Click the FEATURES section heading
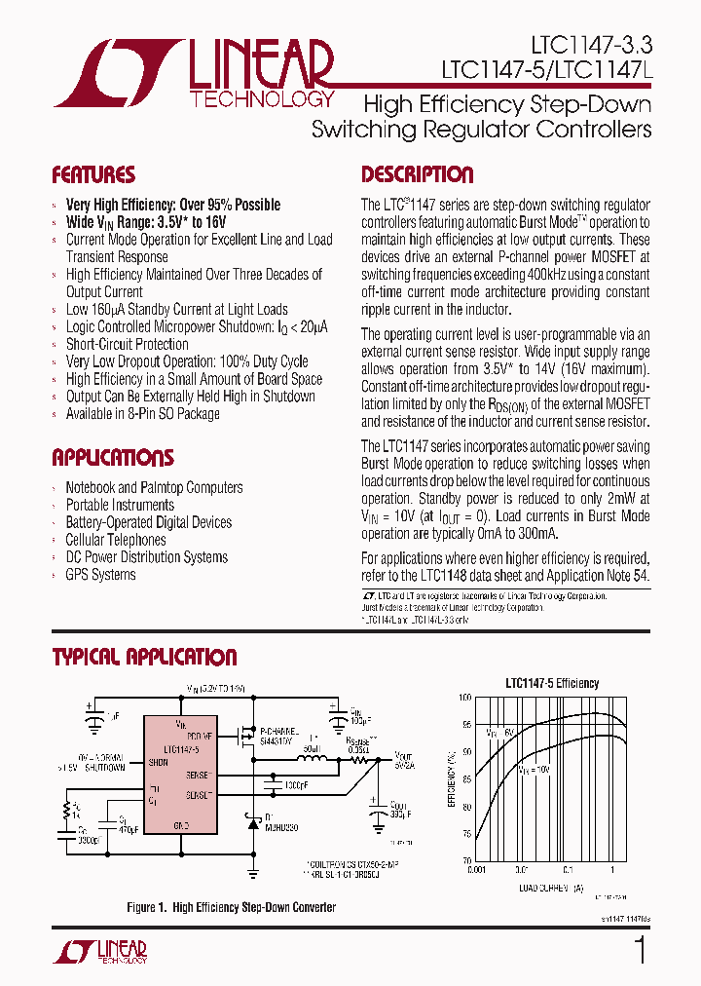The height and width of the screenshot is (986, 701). (x=93, y=175)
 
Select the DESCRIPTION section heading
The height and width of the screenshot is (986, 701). (x=417, y=175)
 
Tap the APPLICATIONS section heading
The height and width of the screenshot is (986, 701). (x=113, y=458)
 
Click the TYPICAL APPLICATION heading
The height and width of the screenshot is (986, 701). (x=144, y=657)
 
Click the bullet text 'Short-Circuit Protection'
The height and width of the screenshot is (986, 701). (x=127, y=344)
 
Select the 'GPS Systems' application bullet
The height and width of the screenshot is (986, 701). (x=100, y=575)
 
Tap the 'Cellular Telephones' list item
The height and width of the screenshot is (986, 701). (x=115, y=540)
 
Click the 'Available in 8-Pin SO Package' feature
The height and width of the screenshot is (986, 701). (x=142, y=414)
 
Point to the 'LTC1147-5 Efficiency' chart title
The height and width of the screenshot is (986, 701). (x=552, y=683)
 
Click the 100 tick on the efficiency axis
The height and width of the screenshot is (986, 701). (x=464, y=698)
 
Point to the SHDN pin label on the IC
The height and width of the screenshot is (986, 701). (x=157, y=763)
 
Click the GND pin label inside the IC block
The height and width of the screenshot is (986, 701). (x=180, y=825)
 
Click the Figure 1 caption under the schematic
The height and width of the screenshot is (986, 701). (x=231, y=907)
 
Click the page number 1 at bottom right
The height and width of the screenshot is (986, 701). (x=640, y=950)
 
